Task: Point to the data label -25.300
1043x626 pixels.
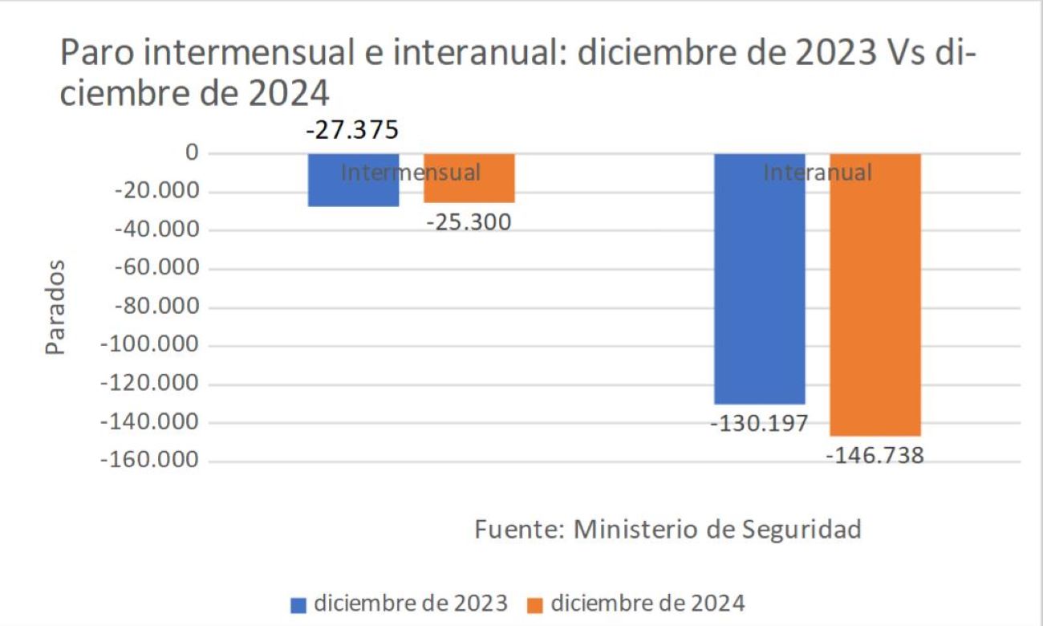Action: coord(469,222)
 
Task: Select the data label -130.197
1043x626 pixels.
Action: coord(759,423)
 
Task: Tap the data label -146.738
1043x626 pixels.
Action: coord(875,456)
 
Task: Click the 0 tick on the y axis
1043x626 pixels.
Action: coord(192,152)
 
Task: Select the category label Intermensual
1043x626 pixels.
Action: coord(411,172)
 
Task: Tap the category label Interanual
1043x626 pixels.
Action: coord(817,172)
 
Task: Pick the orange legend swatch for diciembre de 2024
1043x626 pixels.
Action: coord(535,604)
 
